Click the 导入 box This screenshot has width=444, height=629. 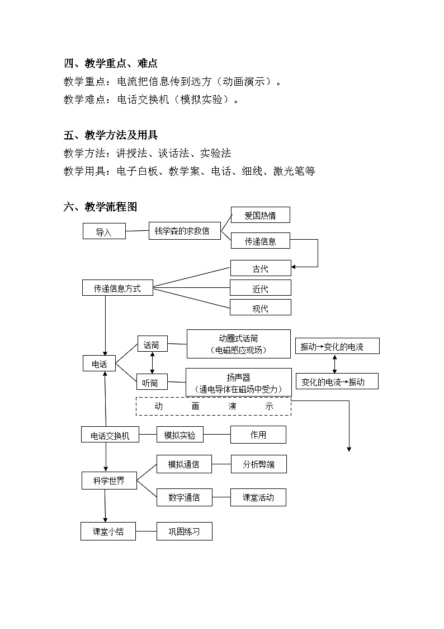(104, 231)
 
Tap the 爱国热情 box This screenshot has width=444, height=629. (260, 215)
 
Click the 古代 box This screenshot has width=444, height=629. (260, 268)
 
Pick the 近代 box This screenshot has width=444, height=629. (260, 288)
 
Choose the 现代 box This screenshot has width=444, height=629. (260, 307)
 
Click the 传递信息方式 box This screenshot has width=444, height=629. (117, 288)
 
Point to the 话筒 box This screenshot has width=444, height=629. (152, 345)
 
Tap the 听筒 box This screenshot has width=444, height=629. (152, 383)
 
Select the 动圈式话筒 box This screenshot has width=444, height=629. (238, 344)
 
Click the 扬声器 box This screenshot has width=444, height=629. (238, 383)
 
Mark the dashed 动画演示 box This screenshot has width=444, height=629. (213, 406)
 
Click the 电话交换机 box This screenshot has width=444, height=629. (110, 435)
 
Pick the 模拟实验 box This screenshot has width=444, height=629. (180, 435)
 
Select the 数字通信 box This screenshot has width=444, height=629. (184, 497)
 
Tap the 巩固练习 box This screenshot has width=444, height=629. (184, 532)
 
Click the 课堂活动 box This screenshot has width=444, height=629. (258, 497)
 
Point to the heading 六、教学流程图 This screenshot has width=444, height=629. (100, 207)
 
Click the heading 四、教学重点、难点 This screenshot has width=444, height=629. (114, 64)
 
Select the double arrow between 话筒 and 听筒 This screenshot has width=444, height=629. (152, 364)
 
